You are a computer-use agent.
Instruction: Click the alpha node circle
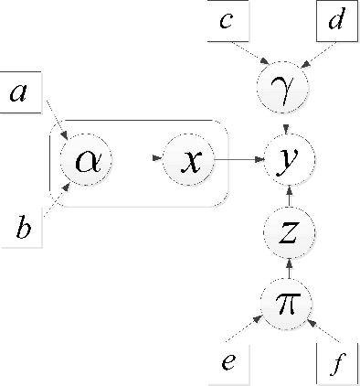(85, 162)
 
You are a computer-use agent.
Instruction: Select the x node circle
(189, 162)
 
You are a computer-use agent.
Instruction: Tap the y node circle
(289, 162)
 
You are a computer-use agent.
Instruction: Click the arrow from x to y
(240, 162)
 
